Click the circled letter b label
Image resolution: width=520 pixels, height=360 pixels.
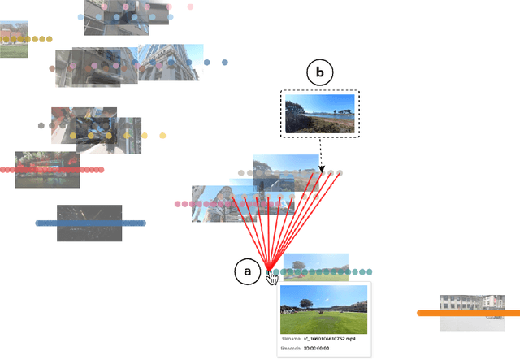coord(319,73)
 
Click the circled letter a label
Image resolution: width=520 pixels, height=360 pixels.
coord(248,271)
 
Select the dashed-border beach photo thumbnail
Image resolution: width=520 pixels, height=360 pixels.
coord(319,112)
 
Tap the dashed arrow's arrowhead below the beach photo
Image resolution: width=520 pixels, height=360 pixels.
coord(323,169)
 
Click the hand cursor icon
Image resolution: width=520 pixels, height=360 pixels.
coord(272,279)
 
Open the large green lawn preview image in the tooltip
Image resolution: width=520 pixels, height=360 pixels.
coord(323,309)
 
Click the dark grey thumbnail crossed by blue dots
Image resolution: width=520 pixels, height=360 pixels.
coord(89,223)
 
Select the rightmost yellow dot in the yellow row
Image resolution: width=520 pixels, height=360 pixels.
coord(162,136)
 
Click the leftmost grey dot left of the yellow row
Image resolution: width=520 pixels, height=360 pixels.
coord(41,126)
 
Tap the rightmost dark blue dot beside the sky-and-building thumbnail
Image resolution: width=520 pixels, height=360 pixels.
coord(225,62)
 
